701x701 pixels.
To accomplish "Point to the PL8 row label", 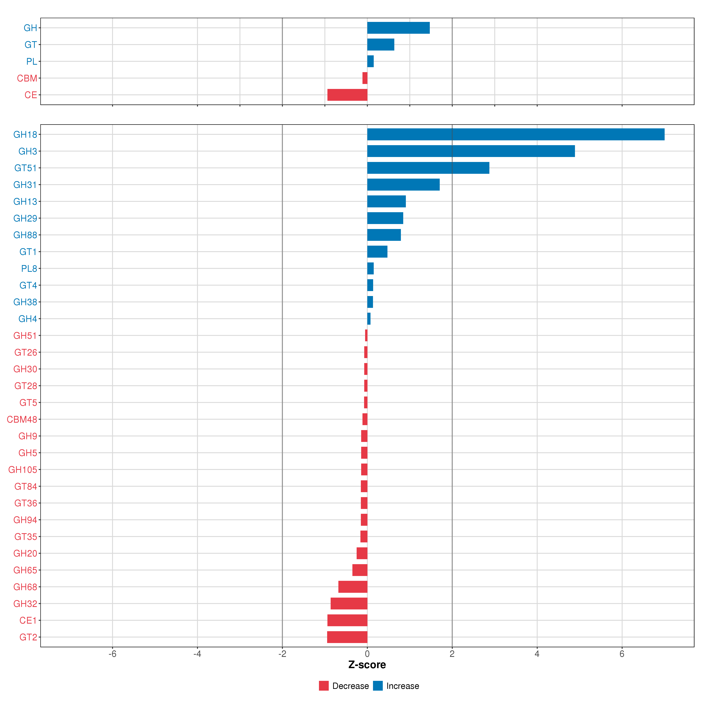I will tap(29, 269).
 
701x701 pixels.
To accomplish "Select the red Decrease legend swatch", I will tap(324, 686).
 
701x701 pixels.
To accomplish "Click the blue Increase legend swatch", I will tap(378, 686).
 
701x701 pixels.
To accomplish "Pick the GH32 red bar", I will tap(349, 603).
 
